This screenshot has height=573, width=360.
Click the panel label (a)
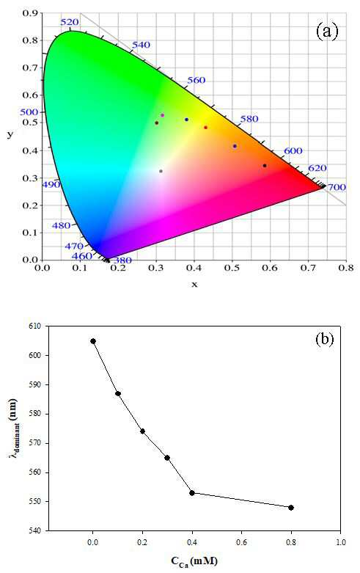coord(327,31)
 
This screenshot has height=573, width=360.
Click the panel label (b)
coord(325,339)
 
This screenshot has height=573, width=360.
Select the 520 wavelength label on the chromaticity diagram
coord(69,22)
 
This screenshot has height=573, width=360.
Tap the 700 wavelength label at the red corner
coord(337,188)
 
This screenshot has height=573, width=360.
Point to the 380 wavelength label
coord(122,260)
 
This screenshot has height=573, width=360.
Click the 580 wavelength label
coord(249,119)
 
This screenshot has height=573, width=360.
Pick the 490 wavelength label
coord(51,185)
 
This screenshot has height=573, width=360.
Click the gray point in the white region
coord(161,171)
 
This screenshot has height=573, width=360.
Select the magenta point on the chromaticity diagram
coord(163,115)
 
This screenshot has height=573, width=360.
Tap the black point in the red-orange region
coord(265,166)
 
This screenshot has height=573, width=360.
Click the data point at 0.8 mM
coord(291,508)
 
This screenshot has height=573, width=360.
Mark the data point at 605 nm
coord(93,341)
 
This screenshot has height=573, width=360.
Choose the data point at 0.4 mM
coord(192,493)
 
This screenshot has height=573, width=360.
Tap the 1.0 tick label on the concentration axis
coord(341,542)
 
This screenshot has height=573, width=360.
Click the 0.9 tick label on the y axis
coord(30,13)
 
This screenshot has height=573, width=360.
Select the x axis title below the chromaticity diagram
coord(194,285)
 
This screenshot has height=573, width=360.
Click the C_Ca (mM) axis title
coord(194,561)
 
